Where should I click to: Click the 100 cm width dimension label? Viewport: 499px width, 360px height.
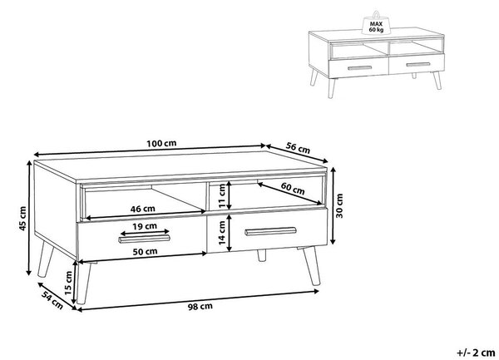click(x=161, y=144)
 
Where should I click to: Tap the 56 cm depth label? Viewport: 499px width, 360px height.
click(x=298, y=148)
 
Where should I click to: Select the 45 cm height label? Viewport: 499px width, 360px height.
click(x=22, y=219)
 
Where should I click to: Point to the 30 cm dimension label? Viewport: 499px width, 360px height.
click(x=339, y=205)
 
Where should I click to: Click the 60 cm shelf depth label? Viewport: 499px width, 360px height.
click(x=293, y=189)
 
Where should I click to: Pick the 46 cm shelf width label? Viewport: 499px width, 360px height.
click(x=142, y=209)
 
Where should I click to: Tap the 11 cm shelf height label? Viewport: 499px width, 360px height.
click(x=222, y=196)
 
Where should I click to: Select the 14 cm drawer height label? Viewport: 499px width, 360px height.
click(x=222, y=233)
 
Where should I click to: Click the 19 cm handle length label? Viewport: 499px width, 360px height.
click(x=145, y=226)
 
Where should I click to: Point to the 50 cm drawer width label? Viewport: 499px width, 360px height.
click(x=145, y=251)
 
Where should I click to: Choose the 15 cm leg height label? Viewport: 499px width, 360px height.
click(x=68, y=283)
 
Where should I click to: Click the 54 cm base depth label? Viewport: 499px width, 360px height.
click(x=52, y=300)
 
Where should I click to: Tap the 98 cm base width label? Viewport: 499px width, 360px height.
click(x=200, y=307)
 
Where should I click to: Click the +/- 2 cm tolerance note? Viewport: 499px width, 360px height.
click(x=476, y=353)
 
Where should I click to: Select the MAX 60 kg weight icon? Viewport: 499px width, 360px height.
click(x=376, y=23)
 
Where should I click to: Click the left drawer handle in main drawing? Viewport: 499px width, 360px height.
click(x=144, y=239)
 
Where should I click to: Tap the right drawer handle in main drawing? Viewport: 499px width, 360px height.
click(x=270, y=231)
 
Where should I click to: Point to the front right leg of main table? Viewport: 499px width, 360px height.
click(x=312, y=266)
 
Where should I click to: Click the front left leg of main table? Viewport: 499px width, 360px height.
click(x=83, y=283)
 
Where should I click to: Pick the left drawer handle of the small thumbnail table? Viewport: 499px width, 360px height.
click(x=359, y=67)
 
